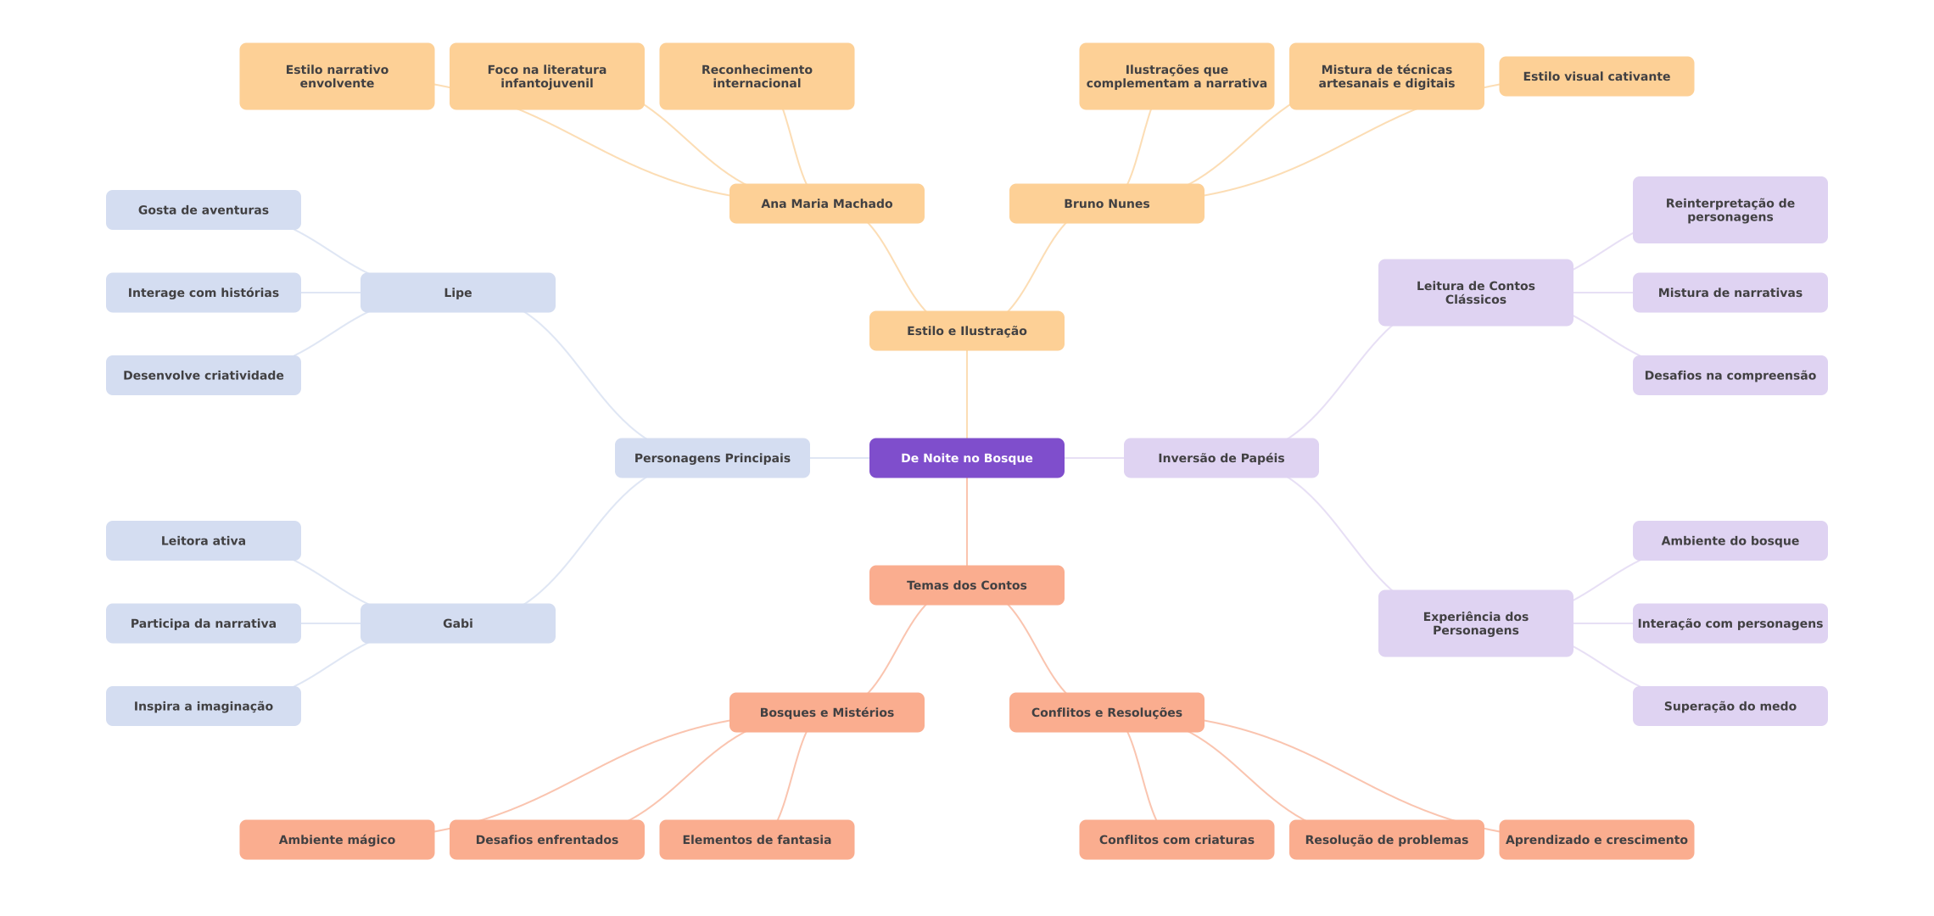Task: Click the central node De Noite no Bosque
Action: point(966,458)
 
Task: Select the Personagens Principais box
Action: point(712,458)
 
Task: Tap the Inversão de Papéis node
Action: point(1221,458)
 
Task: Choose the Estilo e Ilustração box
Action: point(966,331)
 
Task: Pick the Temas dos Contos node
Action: point(966,585)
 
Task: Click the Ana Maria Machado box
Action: point(826,204)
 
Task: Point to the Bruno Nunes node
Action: point(1106,204)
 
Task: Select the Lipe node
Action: point(457,293)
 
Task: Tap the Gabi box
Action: point(457,623)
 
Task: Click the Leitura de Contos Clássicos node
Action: point(1475,293)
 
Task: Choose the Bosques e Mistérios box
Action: point(826,712)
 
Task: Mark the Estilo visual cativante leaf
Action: point(1596,76)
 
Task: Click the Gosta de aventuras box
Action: point(203,210)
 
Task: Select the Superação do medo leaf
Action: point(1730,706)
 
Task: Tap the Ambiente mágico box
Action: point(337,840)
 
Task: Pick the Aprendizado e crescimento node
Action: point(1596,840)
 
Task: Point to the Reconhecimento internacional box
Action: point(757,76)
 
